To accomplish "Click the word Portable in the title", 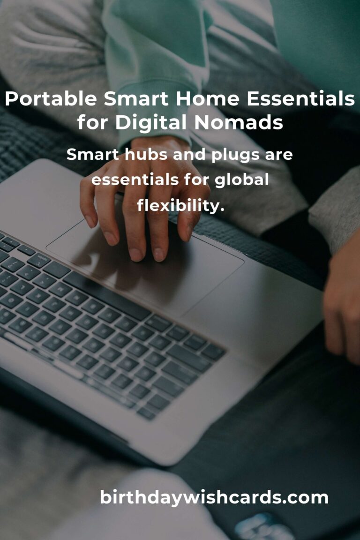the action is tap(51, 99).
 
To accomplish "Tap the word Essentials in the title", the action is tap(301, 99).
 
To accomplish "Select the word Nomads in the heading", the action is tap(239, 122).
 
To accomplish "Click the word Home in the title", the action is tap(207, 99).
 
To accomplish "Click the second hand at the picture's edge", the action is tap(342, 300).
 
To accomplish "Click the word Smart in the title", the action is tap(136, 99).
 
